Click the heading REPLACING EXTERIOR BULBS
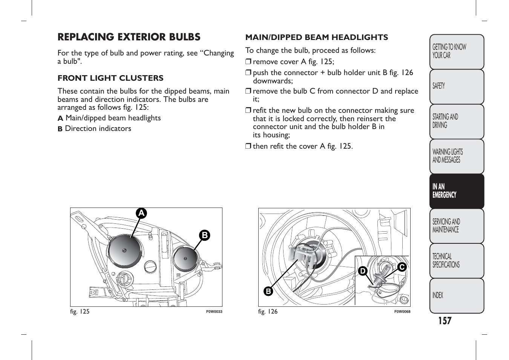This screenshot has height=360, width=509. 129,37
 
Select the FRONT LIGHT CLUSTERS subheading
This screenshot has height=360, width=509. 110,78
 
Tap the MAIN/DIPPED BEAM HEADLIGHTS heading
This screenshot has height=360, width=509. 316,37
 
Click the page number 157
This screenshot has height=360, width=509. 445,321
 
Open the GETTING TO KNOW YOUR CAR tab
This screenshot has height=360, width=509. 456,52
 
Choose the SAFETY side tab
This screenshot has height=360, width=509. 456,86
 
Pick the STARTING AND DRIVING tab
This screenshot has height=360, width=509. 456,121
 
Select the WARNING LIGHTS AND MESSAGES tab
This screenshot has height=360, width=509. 456,156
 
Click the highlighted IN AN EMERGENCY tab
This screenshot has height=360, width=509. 456,191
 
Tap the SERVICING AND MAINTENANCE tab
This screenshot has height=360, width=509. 456,226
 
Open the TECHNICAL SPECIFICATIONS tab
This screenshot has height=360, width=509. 456,261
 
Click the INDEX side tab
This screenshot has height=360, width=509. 456,295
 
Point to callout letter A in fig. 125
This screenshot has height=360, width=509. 141,214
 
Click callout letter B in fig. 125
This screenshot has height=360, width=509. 204,235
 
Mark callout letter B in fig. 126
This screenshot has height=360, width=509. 268,291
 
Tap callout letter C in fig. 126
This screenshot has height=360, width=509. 402,267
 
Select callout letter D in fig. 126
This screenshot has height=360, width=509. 362,271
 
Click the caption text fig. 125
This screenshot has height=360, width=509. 80,312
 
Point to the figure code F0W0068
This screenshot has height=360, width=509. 402,312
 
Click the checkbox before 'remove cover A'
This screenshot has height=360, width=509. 248,62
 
